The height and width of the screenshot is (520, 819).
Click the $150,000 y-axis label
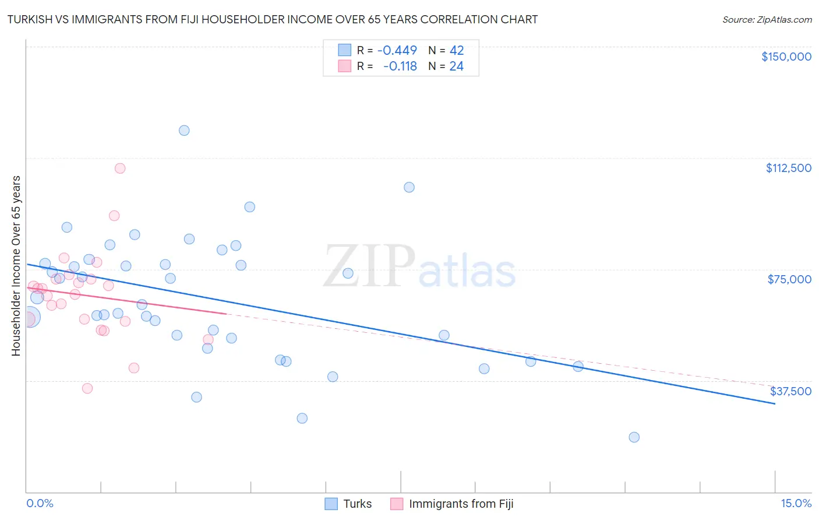[786, 57]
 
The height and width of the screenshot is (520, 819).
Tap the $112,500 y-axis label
[788, 168]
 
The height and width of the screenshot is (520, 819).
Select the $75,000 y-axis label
[789, 279]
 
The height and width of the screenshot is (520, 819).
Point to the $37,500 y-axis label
[790, 391]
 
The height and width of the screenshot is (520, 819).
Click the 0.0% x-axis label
[40, 503]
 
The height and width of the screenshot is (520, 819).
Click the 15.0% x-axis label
[796, 503]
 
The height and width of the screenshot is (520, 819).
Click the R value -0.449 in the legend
[397, 51]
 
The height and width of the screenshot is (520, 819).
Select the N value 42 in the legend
[456, 51]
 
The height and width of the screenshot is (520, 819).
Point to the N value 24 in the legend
[456, 66]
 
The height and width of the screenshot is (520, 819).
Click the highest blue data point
[184, 131]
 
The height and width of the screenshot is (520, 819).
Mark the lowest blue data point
[634, 437]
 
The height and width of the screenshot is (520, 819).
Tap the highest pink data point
[120, 168]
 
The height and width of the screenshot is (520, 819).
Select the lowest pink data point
[87, 388]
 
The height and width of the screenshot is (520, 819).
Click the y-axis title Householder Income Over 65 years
[16, 265]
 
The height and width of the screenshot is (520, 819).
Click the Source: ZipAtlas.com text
[767, 20]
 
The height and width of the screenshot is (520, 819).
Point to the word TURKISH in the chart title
[32, 19]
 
